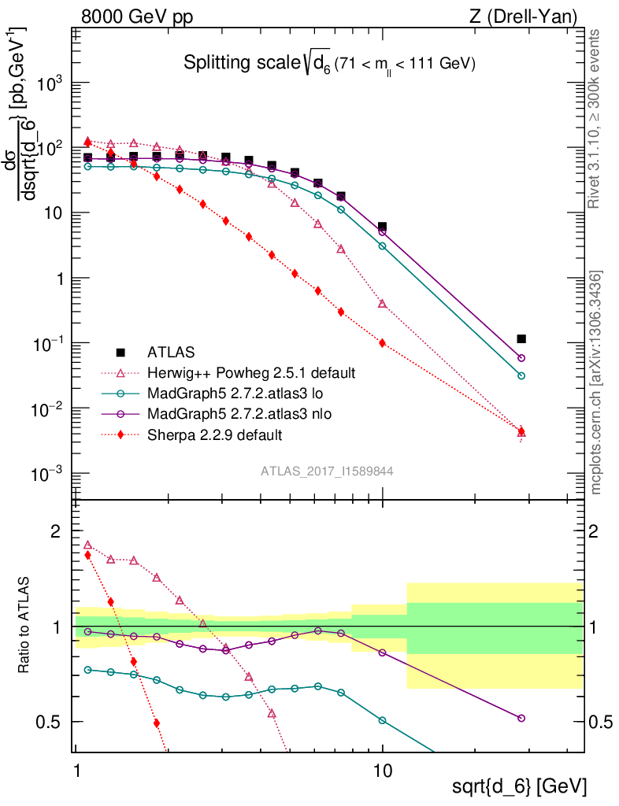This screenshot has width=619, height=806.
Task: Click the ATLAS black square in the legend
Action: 120,352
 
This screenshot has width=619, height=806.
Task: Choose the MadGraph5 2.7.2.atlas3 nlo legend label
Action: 243,413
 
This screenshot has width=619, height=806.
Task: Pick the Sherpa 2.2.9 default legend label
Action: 214,434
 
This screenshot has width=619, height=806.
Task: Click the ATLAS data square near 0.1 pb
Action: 521,339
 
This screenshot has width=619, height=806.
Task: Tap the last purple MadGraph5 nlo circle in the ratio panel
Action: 521,718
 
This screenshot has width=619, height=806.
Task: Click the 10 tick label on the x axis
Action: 383,765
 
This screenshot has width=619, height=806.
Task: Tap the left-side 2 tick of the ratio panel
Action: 55,531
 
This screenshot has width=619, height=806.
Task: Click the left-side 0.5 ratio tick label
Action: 50,722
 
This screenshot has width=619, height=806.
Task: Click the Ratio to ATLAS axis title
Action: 25,626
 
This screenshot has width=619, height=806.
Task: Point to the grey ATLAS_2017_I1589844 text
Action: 328,471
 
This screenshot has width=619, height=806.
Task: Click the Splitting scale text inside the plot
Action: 328,64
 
